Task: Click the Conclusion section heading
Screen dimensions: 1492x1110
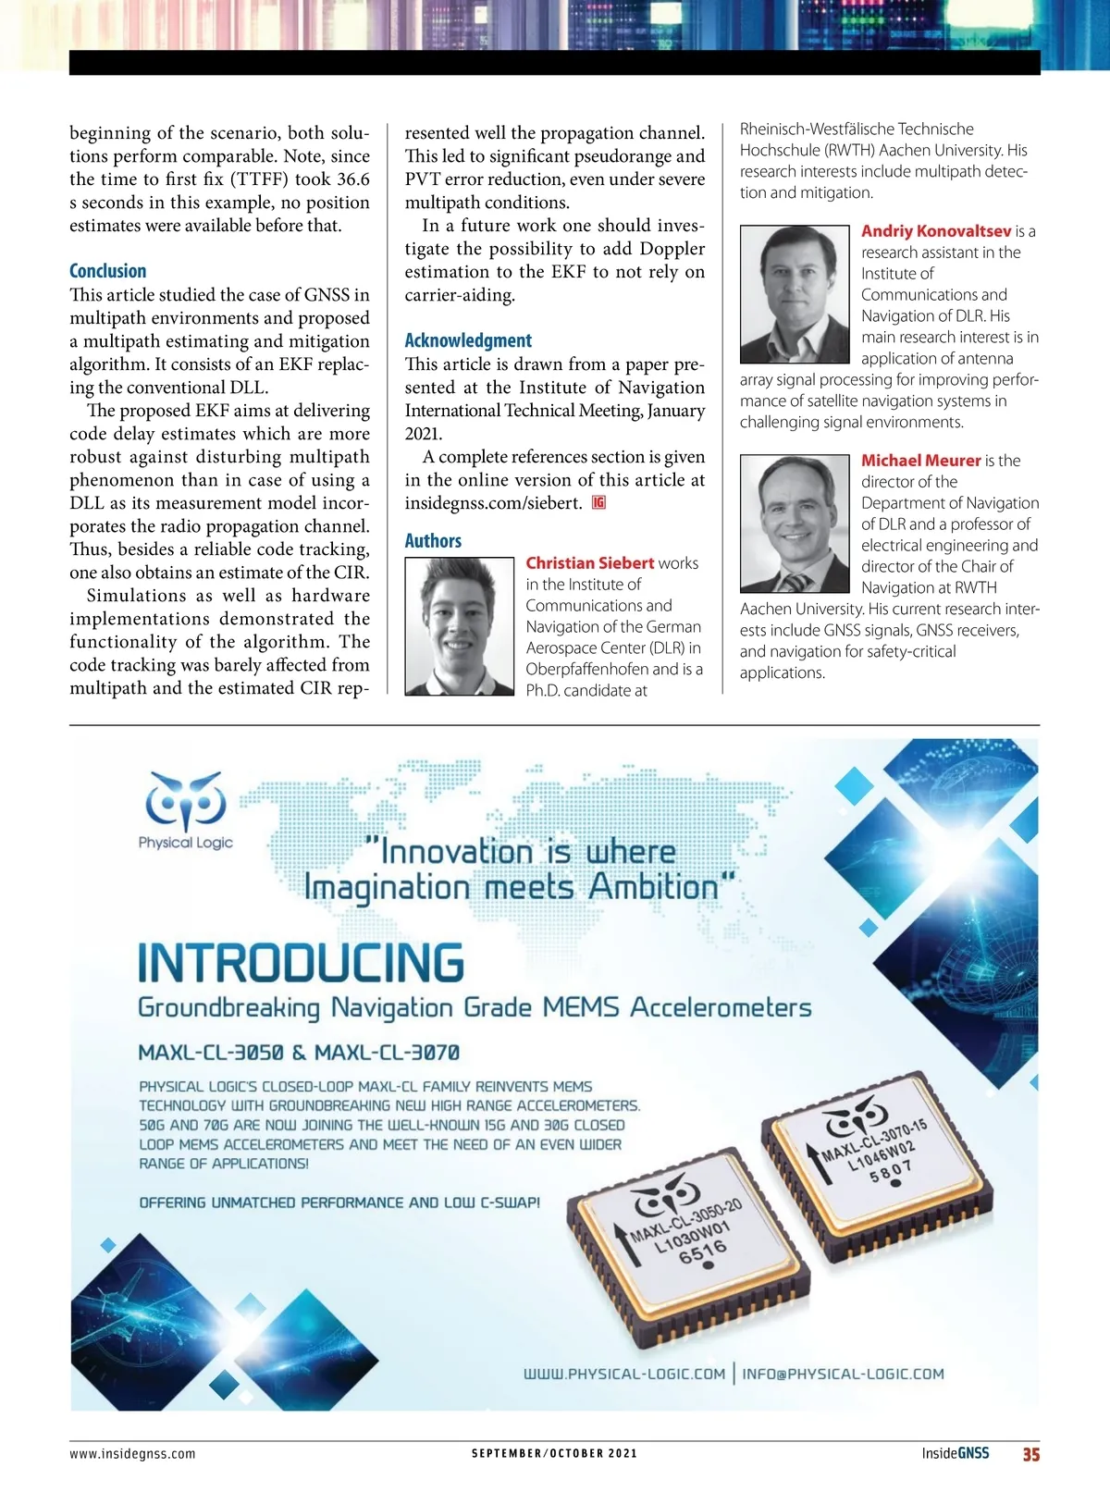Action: (107, 271)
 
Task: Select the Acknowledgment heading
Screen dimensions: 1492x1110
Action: (468, 340)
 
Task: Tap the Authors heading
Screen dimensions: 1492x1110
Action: (433, 541)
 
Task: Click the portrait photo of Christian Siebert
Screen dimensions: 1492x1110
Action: (460, 625)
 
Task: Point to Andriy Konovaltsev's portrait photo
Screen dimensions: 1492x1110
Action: (795, 294)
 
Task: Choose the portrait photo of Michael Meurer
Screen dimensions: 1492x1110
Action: (795, 524)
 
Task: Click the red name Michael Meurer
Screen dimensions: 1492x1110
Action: (920, 461)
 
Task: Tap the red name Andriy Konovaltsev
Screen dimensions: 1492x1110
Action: (936, 231)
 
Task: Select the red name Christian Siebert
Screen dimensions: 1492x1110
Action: (589, 563)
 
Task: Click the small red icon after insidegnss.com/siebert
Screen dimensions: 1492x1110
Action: (599, 502)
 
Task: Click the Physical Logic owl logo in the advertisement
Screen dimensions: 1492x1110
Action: (185, 800)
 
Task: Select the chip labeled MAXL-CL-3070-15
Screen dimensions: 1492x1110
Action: (877, 1152)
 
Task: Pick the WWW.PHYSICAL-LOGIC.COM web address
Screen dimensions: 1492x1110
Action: (624, 1374)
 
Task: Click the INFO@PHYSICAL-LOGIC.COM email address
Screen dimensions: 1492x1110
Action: (843, 1374)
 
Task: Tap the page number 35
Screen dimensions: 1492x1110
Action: (1030, 1454)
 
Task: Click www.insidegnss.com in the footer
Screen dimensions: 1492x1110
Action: (132, 1453)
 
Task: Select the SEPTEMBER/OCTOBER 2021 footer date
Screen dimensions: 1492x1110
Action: (554, 1453)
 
